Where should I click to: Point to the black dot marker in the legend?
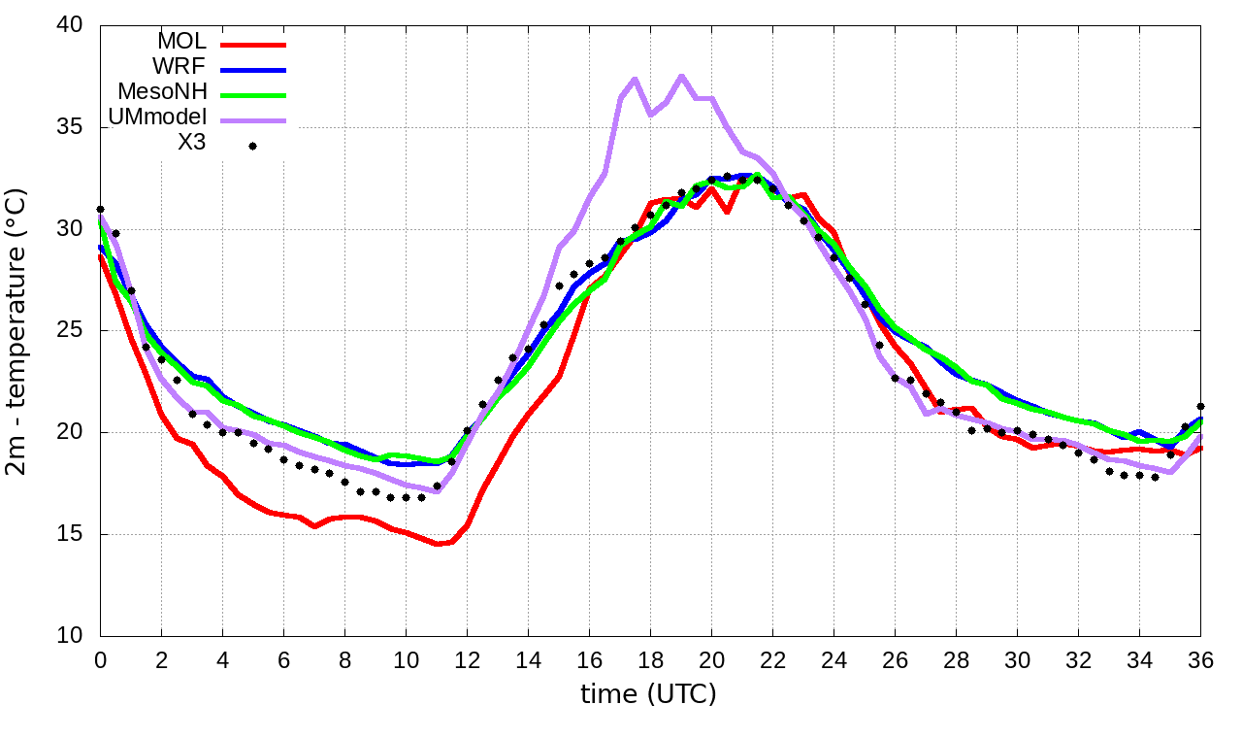tap(252, 146)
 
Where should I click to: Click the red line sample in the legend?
tap(253, 45)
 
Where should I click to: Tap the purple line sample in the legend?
tap(253, 120)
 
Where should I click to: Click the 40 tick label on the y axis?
tap(70, 26)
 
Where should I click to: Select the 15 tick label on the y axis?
tap(70, 534)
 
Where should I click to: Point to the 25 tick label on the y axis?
tap(70, 331)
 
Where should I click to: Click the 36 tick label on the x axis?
tap(1201, 659)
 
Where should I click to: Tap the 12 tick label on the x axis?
tap(467, 659)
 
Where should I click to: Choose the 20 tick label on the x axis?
tap(711, 659)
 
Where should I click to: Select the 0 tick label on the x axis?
tap(100, 659)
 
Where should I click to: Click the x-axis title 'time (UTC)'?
tap(648, 694)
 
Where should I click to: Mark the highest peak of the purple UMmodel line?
tap(681, 76)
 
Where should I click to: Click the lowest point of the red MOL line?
tap(438, 544)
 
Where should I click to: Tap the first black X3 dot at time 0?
tap(100, 209)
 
